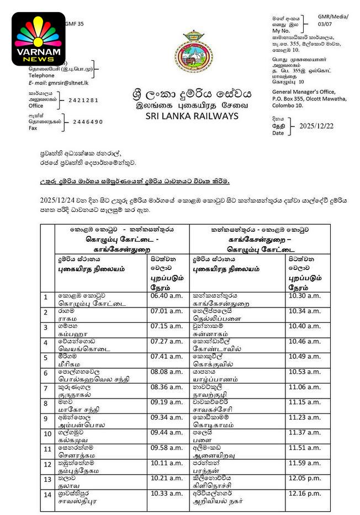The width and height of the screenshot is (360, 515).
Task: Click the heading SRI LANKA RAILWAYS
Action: pyautogui.click(x=192, y=116)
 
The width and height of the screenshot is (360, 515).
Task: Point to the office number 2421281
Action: pyautogui.click(x=83, y=100)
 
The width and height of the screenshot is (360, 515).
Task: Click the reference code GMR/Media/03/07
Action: pyautogui.click(x=332, y=21)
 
